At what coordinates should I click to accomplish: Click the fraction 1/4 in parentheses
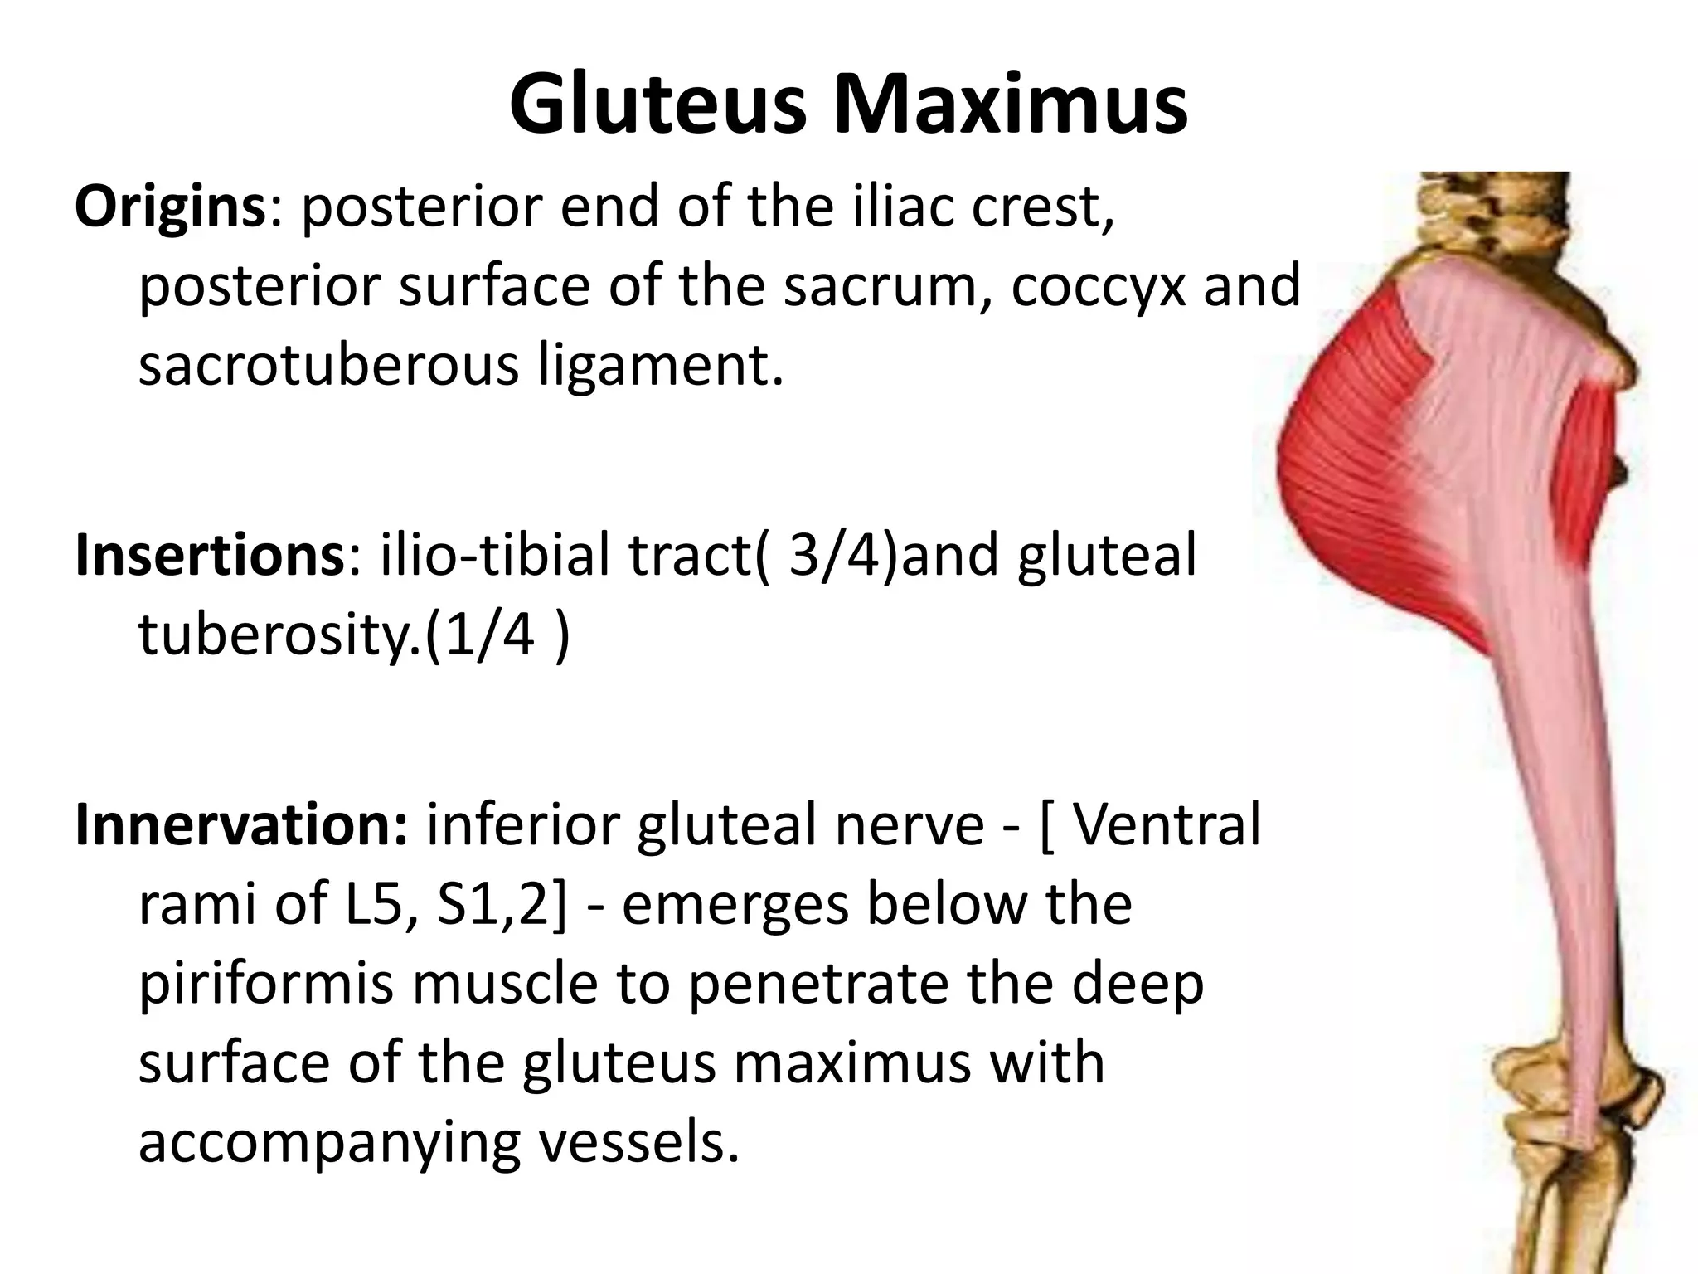coord(494,635)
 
